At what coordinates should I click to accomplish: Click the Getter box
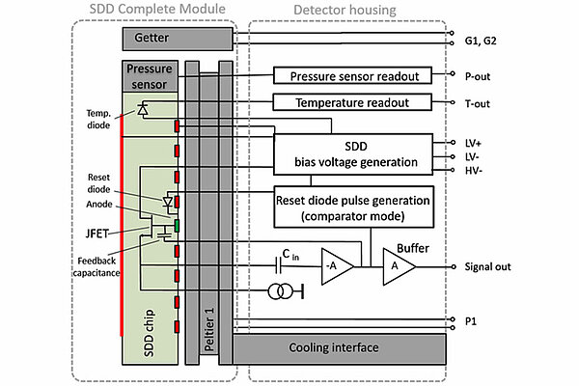click(178, 38)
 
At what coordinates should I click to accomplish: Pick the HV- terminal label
click(474, 171)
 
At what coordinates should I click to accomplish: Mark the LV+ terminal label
click(474, 143)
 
